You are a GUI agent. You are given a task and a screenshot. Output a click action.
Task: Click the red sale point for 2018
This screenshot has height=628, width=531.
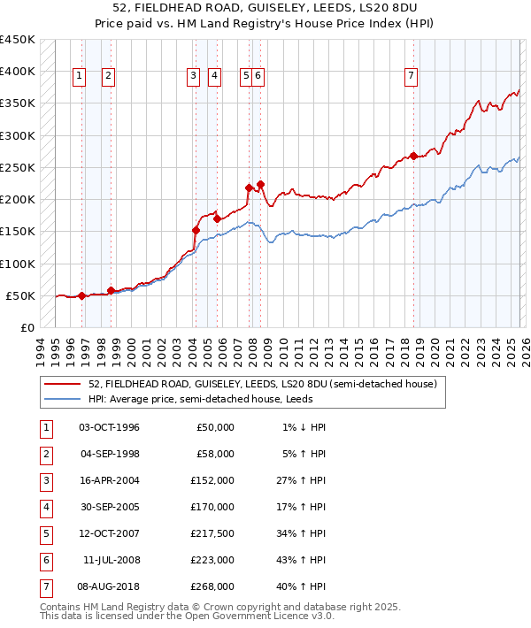[x=414, y=157]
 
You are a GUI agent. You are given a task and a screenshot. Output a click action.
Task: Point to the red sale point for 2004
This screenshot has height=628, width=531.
[x=196, y=230]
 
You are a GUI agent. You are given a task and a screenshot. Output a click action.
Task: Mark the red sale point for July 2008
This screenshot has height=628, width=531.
[x=260, y=185]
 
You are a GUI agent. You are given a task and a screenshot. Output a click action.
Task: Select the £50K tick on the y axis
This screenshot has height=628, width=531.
[x=20, y=295]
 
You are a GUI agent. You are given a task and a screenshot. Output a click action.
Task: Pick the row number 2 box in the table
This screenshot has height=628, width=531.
[x=45, y=455]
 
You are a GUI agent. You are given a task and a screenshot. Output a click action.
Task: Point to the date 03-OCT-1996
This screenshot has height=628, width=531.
[x=109, y=427]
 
